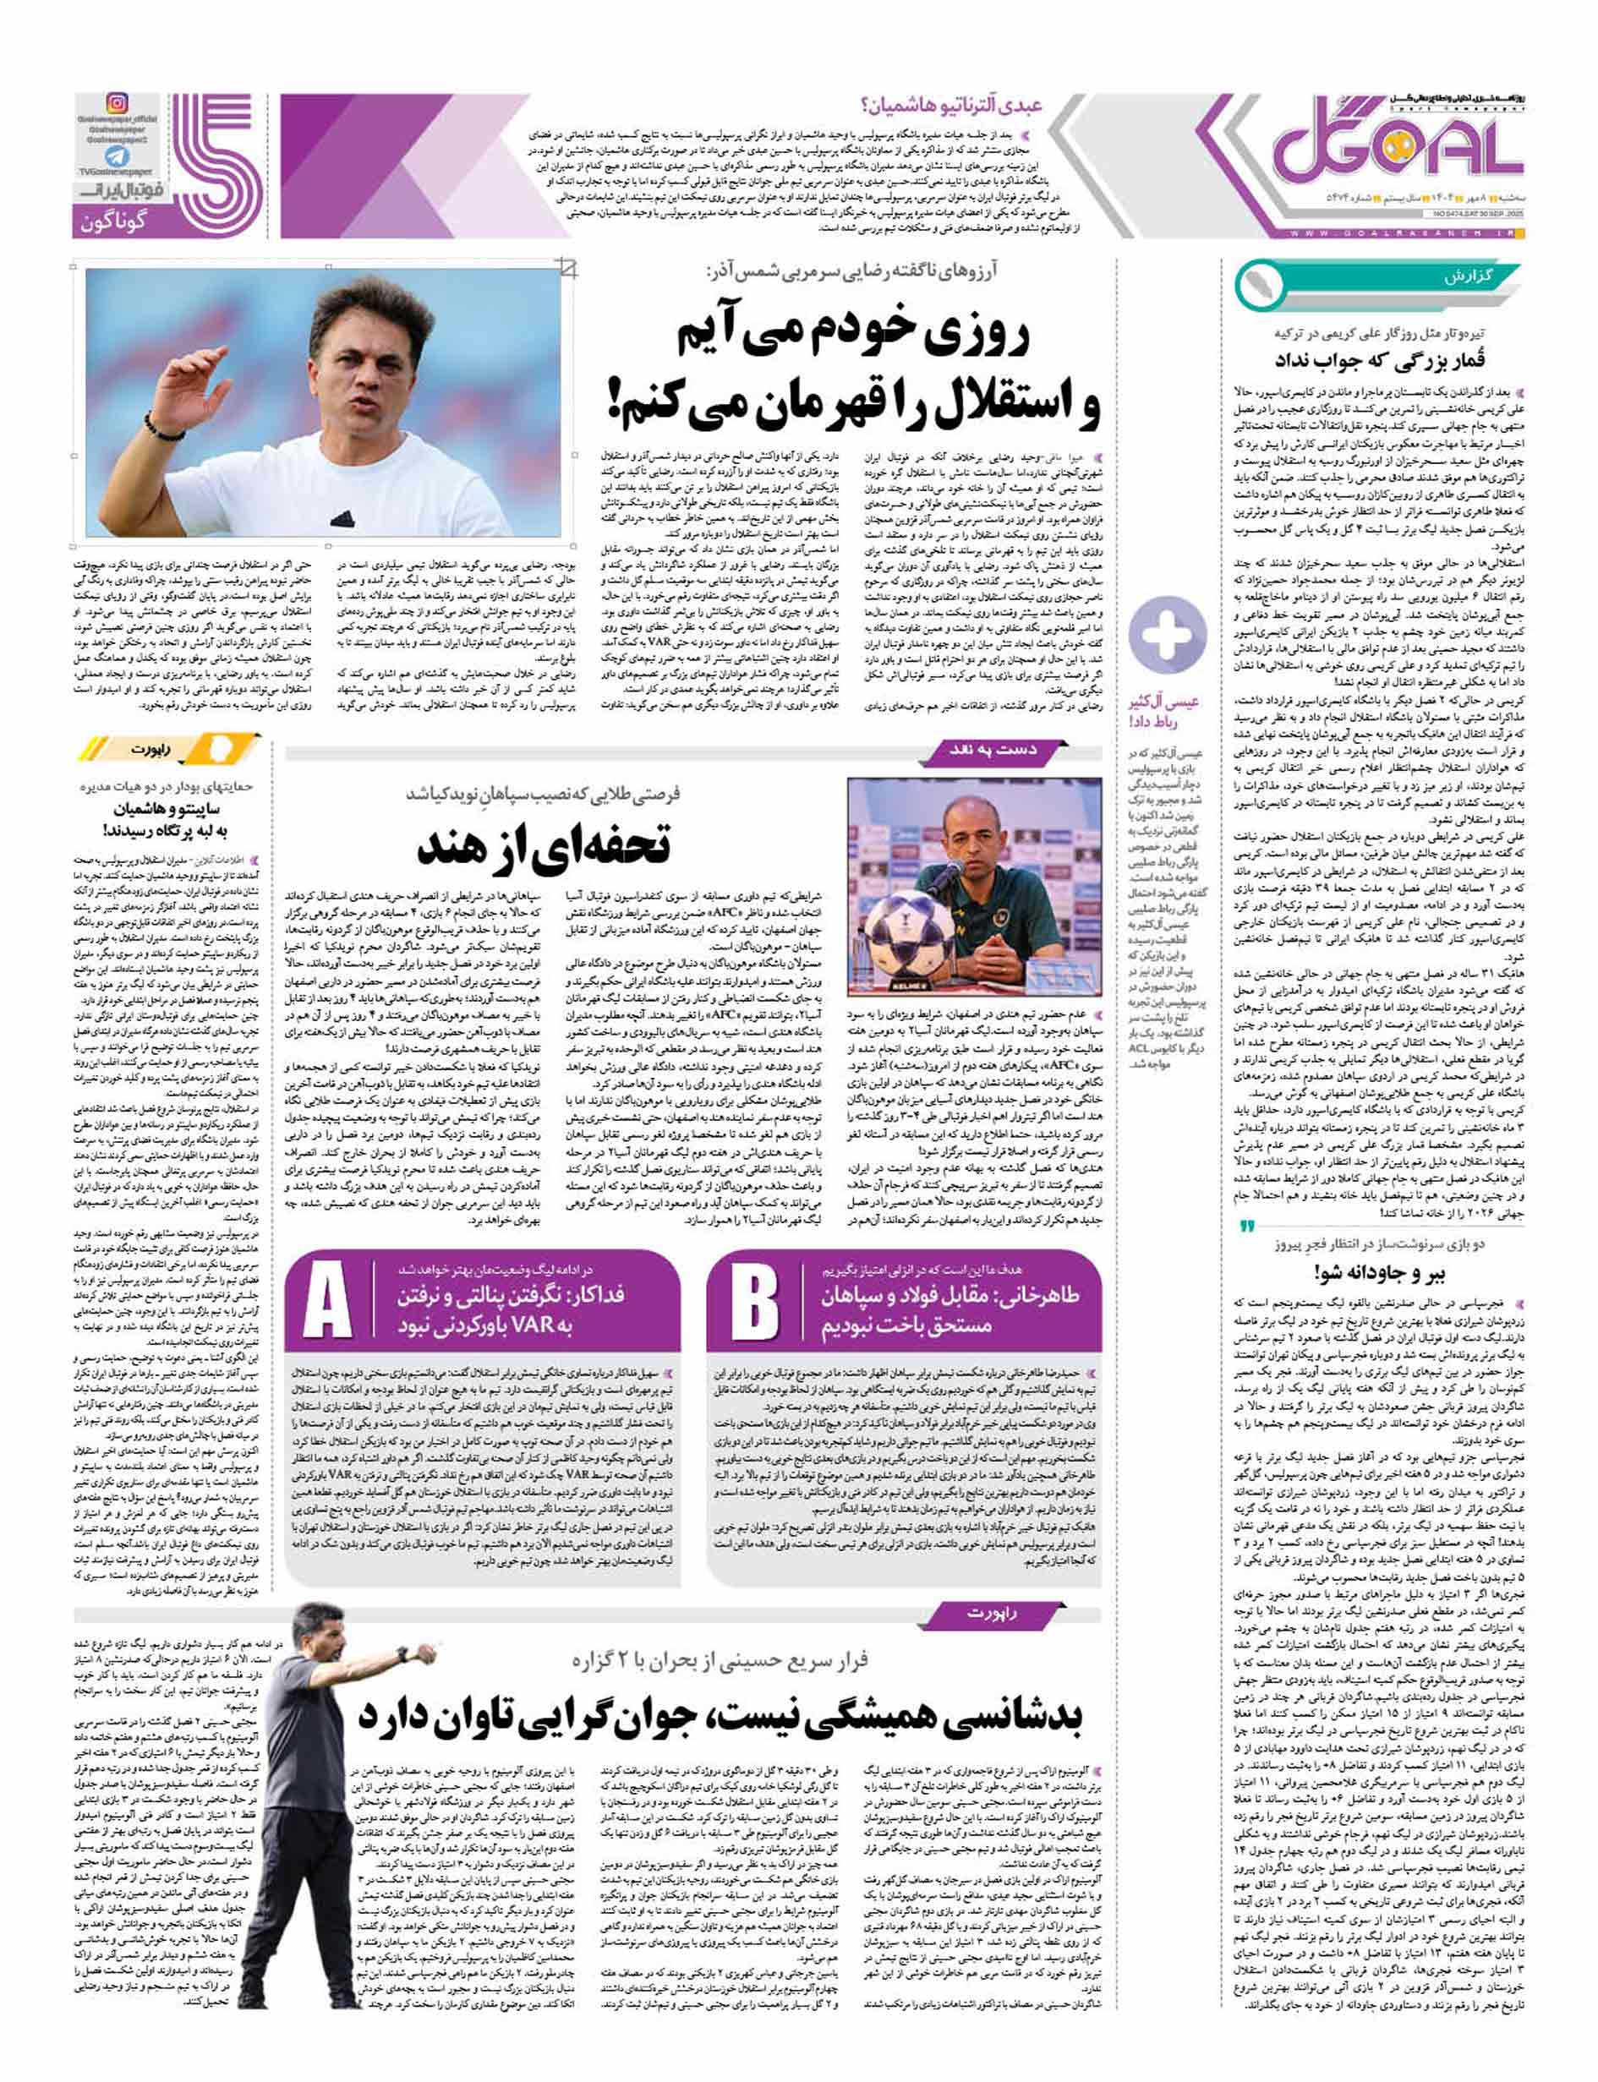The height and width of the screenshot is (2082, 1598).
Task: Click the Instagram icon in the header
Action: coord(117,104)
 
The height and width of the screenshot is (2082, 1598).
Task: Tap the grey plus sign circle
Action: coord(1165,630)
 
